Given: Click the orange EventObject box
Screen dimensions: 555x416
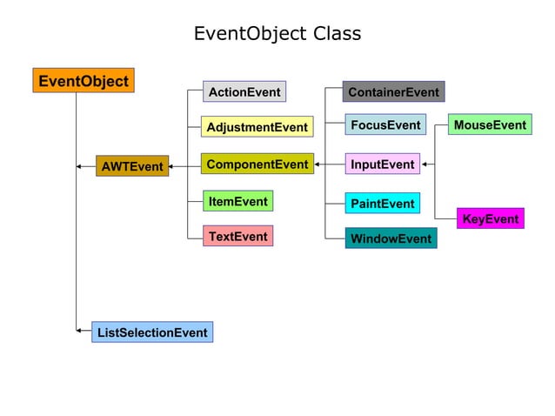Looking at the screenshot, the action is pos(84,81).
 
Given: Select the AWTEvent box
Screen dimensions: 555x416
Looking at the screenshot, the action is pos(131,165).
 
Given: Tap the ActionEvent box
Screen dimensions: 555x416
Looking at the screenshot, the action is pos(244,91).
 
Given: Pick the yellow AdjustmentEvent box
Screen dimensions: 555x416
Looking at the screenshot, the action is pos(257,127).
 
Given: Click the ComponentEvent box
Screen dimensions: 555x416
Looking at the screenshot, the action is pos(257,164).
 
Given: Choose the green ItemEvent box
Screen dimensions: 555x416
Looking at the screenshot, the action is pos(237,201).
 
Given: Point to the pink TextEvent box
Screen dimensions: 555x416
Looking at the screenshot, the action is pos(237,236).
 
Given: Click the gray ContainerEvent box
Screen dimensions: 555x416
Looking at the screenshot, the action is pos(393,91).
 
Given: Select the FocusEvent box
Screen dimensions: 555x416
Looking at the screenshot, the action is pos(384,125).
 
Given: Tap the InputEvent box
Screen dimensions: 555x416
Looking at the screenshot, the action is pos(382,164).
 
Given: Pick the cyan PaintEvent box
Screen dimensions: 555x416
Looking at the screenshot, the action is pos(382,203).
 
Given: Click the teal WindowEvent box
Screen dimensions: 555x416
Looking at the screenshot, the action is pos(391,238).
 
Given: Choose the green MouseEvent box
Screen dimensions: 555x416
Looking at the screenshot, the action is pos(490,125).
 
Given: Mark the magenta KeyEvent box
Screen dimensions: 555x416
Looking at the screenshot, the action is pos(490,218).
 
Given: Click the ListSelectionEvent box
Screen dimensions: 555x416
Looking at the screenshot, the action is pos(152,332).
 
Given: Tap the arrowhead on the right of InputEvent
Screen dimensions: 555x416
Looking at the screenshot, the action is pos(425,164).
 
